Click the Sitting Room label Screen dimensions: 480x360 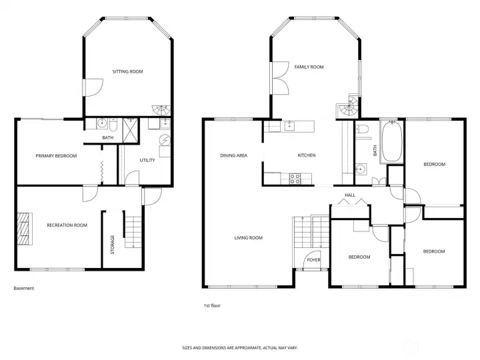[127, 71]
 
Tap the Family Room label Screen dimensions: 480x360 [309, 67]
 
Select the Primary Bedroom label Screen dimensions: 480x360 [56, 156]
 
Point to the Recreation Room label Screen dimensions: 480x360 [67, 225]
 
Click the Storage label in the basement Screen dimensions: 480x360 [113, 245]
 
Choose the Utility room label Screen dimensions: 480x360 [147, 160]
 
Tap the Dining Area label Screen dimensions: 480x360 [233, 155]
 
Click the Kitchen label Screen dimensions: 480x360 [307, 155]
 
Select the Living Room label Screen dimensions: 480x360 [248, 238]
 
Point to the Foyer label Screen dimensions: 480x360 [313, 260]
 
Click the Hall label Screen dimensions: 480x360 [350, 195]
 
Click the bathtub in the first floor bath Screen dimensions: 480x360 [392, 141]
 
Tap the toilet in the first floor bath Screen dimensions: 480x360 [362, 129]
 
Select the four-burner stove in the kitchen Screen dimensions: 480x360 [295, 179]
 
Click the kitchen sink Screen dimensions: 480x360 [289, 125]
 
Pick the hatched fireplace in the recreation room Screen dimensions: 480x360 [25, 229]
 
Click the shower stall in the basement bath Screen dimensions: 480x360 [131, 131]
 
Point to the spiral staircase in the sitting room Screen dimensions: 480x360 [161, 110]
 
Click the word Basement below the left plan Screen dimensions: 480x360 [24, 289]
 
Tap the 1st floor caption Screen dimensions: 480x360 [212, 305]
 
